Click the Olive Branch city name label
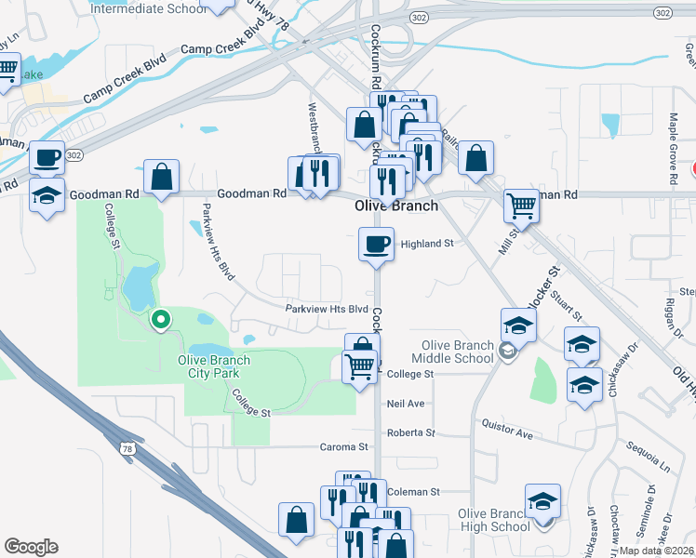pos(396,206)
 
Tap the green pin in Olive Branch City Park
pos(160,321)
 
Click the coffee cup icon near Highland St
pos(376,245)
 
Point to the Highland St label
pos(426,244)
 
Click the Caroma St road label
pos(344,447)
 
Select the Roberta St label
pos(410,432)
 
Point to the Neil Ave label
pos(405,404)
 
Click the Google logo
pos(31,547)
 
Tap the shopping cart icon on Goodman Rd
pos(521,205)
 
